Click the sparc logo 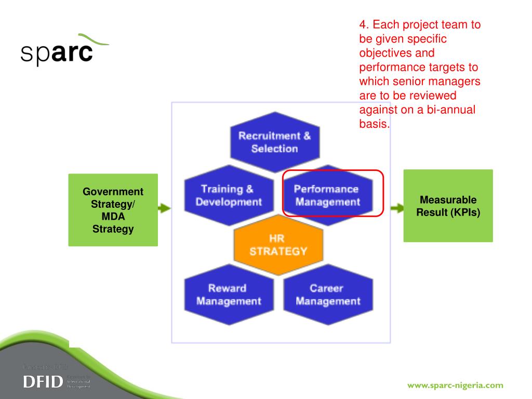pyautogui.click(x=57, y=52)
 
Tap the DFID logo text pyautogui.click(x=43, y=382)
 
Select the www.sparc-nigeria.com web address pyautogui.click(x=455, y=385)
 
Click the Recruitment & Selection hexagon pyautogui.click(x=274, y=142)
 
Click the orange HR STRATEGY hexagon pyautogui.click(x=278, y=245)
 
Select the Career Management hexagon pyautogui.click(x=328, y=295)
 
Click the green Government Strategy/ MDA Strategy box pyautogui.click(x=113, y=210)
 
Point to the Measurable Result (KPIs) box pyautogui.click(x=448, y=206)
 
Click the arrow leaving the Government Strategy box pyautogui.click(x=164, y=208)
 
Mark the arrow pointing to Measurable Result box pyautogui.click(x=397, y=208)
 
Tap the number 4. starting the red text pyautogui.click(x=364, y=24)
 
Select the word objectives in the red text pyautogui.click(x=384, y=53)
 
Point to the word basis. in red pyautogui.click(x=374, y=124)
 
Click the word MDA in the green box pyautogui.click(x=113, y=216)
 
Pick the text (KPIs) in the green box pyautogui.click(x=465, y=212)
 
